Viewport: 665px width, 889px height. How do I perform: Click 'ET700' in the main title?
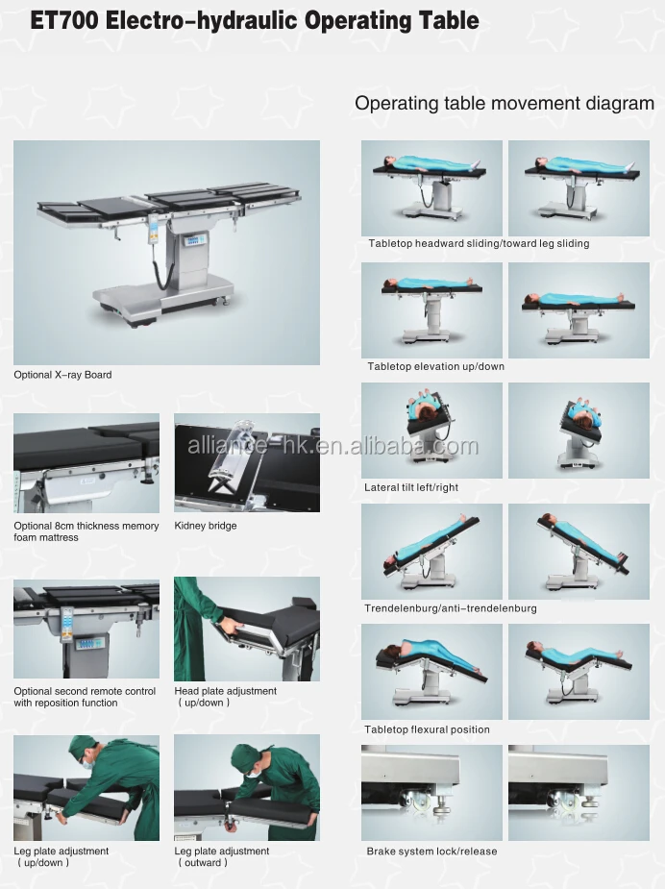coord(64,20)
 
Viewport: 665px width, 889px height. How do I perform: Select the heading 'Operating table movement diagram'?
coord(505,104)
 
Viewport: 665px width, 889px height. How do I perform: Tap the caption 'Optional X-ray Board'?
coord(62,375)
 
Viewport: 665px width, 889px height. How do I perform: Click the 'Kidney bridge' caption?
coord(205,526)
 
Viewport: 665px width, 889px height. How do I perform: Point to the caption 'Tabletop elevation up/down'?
coord(435,366)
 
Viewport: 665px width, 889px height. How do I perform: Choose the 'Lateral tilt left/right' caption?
coord(411,487)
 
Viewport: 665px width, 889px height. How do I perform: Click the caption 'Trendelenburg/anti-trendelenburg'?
coord(451,608)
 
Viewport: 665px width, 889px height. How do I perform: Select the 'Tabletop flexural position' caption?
coord(427,729)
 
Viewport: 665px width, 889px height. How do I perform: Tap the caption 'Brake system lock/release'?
coord(431,852)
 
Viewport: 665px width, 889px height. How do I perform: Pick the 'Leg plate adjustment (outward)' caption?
coord(221,856)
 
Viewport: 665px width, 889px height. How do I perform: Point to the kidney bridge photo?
coord(246,463)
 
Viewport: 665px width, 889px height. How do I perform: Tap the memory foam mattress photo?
coord(86,463)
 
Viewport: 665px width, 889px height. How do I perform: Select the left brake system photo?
coord(431,793)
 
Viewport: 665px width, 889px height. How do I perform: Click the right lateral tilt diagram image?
coord(579,431)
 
